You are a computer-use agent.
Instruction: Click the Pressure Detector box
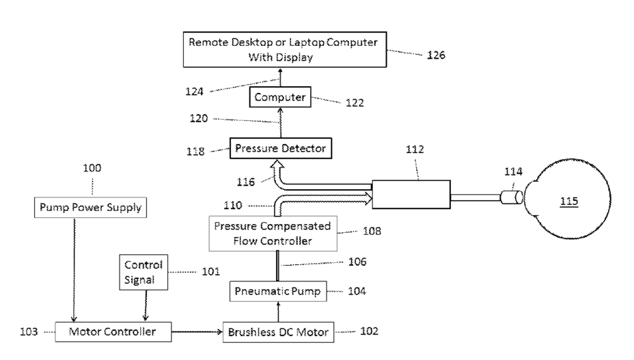tap(281, 148)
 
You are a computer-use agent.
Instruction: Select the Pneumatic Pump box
tap(278, 291)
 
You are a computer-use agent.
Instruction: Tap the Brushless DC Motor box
tap(278, 332)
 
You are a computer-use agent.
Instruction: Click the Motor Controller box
tap(113, 332)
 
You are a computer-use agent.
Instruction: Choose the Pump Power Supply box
tap(90, 208)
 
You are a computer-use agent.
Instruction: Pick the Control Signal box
tap(143, 273)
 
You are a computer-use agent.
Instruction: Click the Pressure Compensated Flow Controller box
tap(273, 234)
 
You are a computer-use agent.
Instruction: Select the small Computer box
tap(280, 97)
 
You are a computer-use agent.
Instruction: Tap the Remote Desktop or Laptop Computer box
tap(285, 49)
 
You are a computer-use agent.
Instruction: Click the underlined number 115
tap(569, 201)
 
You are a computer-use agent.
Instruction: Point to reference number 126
tap(437, 55)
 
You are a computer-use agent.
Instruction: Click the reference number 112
tap(415, 149)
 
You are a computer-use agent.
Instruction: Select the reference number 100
tap(92, 168)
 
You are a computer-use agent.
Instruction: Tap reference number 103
tap(29, 332)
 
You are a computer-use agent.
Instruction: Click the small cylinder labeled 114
tap(512, 197)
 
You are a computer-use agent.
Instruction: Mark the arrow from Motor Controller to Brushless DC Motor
tap(197, 332)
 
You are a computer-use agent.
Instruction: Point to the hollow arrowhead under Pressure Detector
tap(277, 164)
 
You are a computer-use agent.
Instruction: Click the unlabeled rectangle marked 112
tap(411, 195)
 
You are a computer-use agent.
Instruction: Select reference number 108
tap(372, 231)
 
